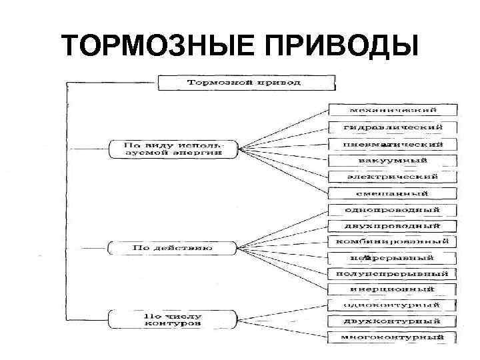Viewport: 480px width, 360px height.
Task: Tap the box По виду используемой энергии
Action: (x=173, y=148)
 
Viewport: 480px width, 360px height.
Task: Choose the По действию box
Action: (x=172, y=248)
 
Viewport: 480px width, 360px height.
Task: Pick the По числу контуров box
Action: (x=173, y=319)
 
